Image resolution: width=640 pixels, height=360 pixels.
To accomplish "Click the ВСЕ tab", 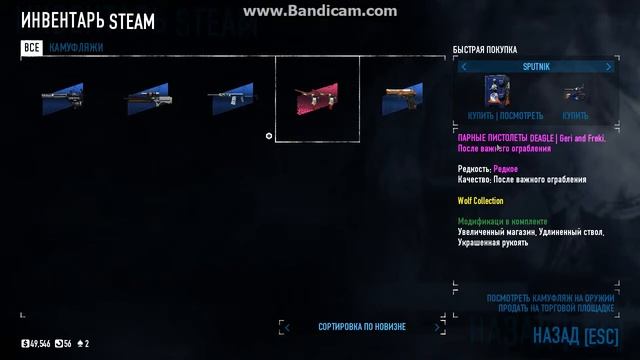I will pos(32,47).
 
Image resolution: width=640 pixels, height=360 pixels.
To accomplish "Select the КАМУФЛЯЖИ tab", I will pos(76,47).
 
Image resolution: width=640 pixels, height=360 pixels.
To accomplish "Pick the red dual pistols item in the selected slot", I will pos(316,99).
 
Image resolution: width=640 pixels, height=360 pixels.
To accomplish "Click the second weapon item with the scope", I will pos(146,98).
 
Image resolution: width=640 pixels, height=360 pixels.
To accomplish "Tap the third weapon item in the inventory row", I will pos(232,98).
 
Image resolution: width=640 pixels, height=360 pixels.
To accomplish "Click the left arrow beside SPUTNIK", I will pos(465,67).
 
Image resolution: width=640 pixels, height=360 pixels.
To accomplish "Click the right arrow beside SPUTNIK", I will pos(609,67).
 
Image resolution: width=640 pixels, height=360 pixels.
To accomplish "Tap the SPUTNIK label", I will pos(536,67).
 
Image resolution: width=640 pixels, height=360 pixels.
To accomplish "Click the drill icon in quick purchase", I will pos(574,92).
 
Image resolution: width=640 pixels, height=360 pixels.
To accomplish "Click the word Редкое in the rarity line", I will pos(506,169).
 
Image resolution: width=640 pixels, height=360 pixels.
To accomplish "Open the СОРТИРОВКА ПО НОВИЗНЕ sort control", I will pos(362,327).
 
